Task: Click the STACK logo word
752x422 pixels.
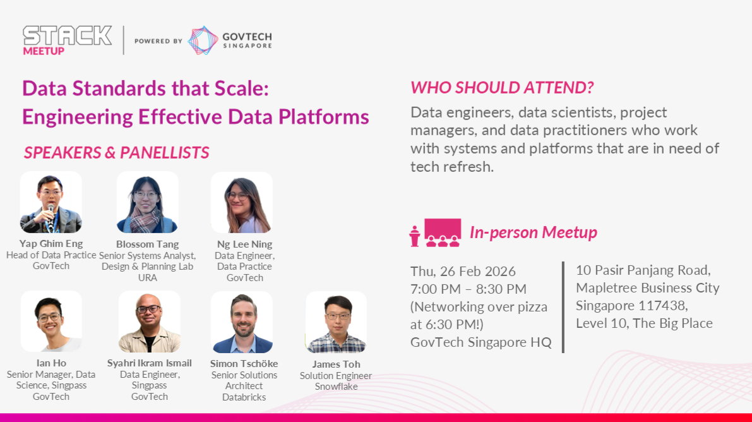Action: click(x=67, y=35)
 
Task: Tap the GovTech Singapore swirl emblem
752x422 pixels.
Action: click(x=203, y=40)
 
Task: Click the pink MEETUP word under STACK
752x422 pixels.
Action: click(x=44, y=51)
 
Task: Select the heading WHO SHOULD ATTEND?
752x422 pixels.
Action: click(x=502, y=87)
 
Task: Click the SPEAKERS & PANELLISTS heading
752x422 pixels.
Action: click(x=117, y=152)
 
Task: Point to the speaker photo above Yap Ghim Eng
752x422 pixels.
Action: click(x=51, y=202)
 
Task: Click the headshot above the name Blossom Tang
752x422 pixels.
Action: click(x=147, y=202)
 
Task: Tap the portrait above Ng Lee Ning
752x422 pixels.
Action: click(x=242, y=202)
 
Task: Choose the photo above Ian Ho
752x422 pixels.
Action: click(x=51, y=321)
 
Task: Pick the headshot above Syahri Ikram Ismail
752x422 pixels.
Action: click(x=149, y=321)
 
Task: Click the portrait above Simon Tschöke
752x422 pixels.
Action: click(x=242, y=322)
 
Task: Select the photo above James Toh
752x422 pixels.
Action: click(x=336, y=322)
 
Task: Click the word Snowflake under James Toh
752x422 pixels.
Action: click(x=336, y=387)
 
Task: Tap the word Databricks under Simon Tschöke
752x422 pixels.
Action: click(x=244, y=397)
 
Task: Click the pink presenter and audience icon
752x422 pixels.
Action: click(x=435, y=233)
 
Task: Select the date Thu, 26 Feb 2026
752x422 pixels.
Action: click(x=463, y=271)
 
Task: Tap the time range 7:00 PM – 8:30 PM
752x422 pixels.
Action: click(x=468, y=289)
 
